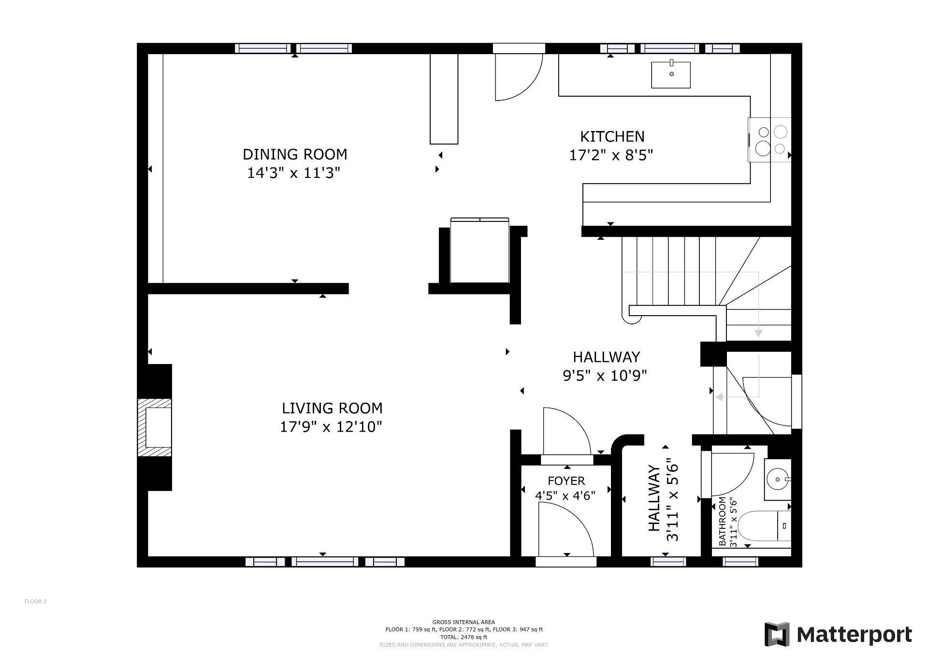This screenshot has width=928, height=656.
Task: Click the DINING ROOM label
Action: coord(294,154)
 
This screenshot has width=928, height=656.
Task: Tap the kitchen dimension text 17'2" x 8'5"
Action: coord(611,155)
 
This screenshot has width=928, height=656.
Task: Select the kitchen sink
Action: coord(670,75)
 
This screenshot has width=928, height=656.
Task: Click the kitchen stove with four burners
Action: coord(769,140)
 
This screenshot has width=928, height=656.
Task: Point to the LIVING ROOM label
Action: coord(332,408)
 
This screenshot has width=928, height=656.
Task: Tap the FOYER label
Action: coord(566,481)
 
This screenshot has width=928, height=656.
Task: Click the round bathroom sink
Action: coord(777,480)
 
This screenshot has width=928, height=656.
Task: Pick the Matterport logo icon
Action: coord(777,634)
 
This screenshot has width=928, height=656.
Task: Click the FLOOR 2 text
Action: coord(35,601)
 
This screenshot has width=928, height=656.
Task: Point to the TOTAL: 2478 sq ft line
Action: coord(464,637)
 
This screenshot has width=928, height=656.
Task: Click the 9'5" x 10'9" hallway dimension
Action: coord(605,376)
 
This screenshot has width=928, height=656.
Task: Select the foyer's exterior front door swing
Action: coord(565,529)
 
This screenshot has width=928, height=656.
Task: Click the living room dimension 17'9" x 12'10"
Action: coord(331,427)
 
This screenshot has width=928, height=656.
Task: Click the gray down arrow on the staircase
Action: coord(758,333)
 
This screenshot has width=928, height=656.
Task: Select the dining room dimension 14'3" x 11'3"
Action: coord(294,173)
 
